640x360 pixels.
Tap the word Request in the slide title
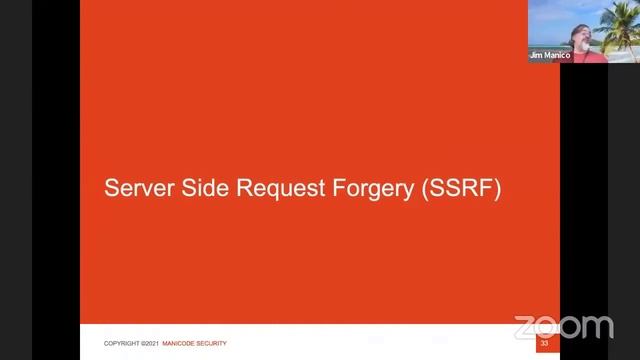262,189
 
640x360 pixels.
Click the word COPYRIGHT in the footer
122,344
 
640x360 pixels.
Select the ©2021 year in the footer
149,344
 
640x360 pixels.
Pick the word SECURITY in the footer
213,344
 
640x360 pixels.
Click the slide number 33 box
544,344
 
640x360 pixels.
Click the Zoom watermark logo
563,326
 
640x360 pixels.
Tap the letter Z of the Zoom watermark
525,327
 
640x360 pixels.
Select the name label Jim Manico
550,56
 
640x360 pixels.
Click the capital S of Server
111,188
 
